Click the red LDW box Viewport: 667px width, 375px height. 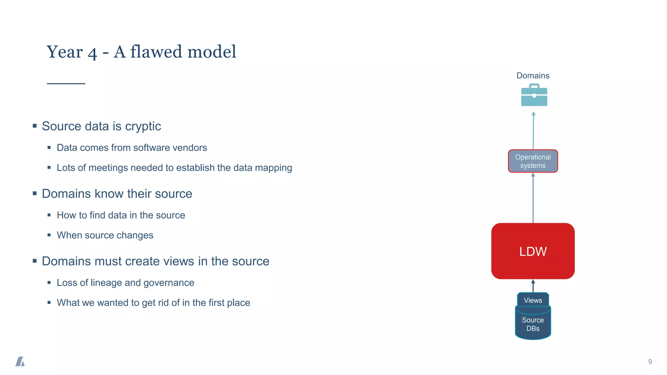pos(533,251)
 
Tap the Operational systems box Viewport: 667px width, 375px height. pos(533,161)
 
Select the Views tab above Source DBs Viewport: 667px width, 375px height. pos(533,300)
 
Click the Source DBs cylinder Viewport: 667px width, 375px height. pos(533,324)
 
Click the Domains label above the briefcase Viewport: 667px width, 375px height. pos(533,76)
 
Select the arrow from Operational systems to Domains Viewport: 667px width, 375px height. pos(533,130)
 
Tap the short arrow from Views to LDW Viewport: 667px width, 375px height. pos(533,286)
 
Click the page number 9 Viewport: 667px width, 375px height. pos(650,361)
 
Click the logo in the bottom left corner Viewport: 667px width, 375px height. pos(20,361)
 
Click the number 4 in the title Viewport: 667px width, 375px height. pos(92,53)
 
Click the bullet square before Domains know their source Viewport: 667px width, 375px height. pos(35,193)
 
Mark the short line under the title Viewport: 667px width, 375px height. pos(66,84)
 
